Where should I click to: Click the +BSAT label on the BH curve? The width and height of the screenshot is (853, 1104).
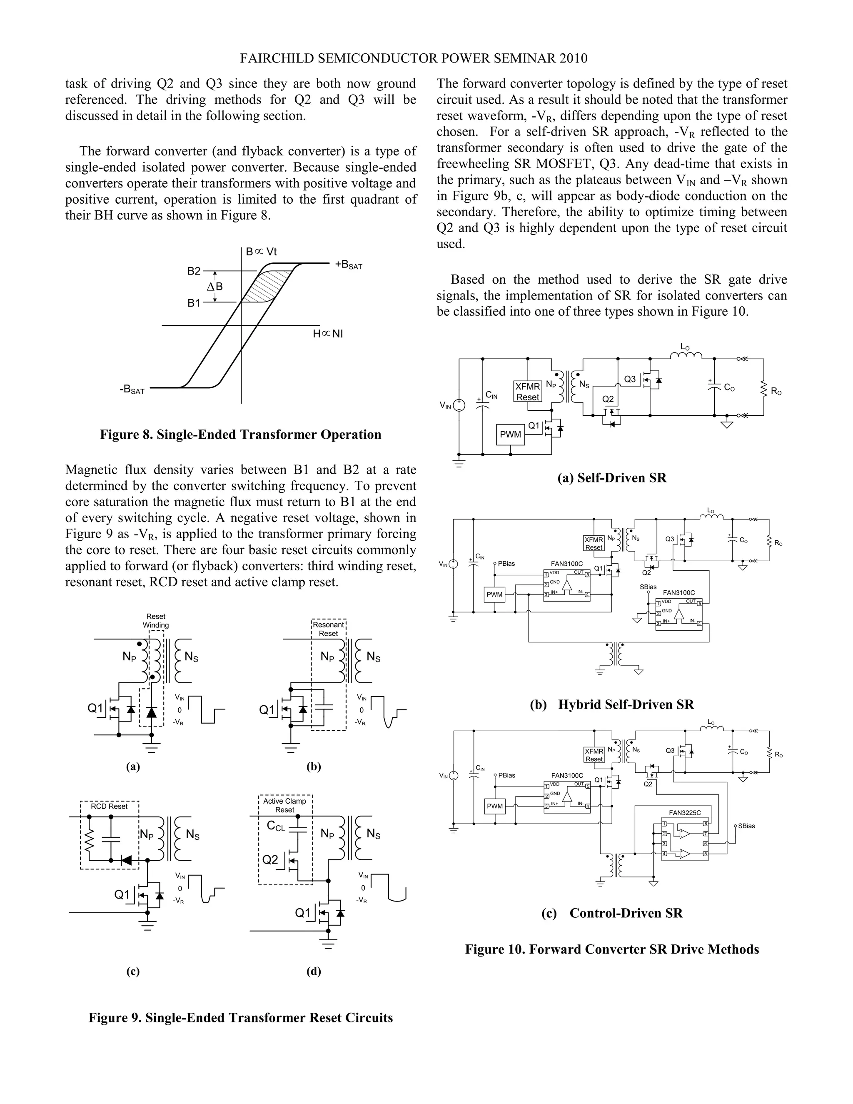[349, 265]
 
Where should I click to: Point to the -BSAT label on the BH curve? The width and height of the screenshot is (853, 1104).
[132, 390]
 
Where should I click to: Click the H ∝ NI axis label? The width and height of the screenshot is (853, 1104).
[328, 334]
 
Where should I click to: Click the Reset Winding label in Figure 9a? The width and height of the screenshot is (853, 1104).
[156, 621]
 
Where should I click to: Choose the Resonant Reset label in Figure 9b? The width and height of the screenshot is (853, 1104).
[329, 629]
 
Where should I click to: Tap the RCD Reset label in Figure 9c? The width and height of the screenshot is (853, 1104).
[109, 806]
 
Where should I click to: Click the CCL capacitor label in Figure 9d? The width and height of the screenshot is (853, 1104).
[276, 826]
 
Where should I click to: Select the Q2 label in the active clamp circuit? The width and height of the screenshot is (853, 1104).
[270, 860]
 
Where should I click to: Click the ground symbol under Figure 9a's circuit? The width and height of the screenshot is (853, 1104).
[151, 747]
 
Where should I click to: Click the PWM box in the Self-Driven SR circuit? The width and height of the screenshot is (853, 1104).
[510, 434]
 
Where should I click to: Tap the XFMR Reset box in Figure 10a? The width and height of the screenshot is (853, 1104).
[528, 392]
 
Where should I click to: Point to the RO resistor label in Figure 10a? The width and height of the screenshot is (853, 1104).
[776, 391]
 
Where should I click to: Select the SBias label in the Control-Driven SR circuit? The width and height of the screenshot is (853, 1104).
[746, 826]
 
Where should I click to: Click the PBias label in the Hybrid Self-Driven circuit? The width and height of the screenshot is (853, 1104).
[506, 564]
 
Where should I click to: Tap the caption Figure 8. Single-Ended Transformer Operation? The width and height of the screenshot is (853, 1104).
[241, 435]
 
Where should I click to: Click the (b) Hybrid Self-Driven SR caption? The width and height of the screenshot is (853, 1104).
[611, 704]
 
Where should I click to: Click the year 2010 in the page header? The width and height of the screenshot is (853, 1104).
[574, 59]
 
